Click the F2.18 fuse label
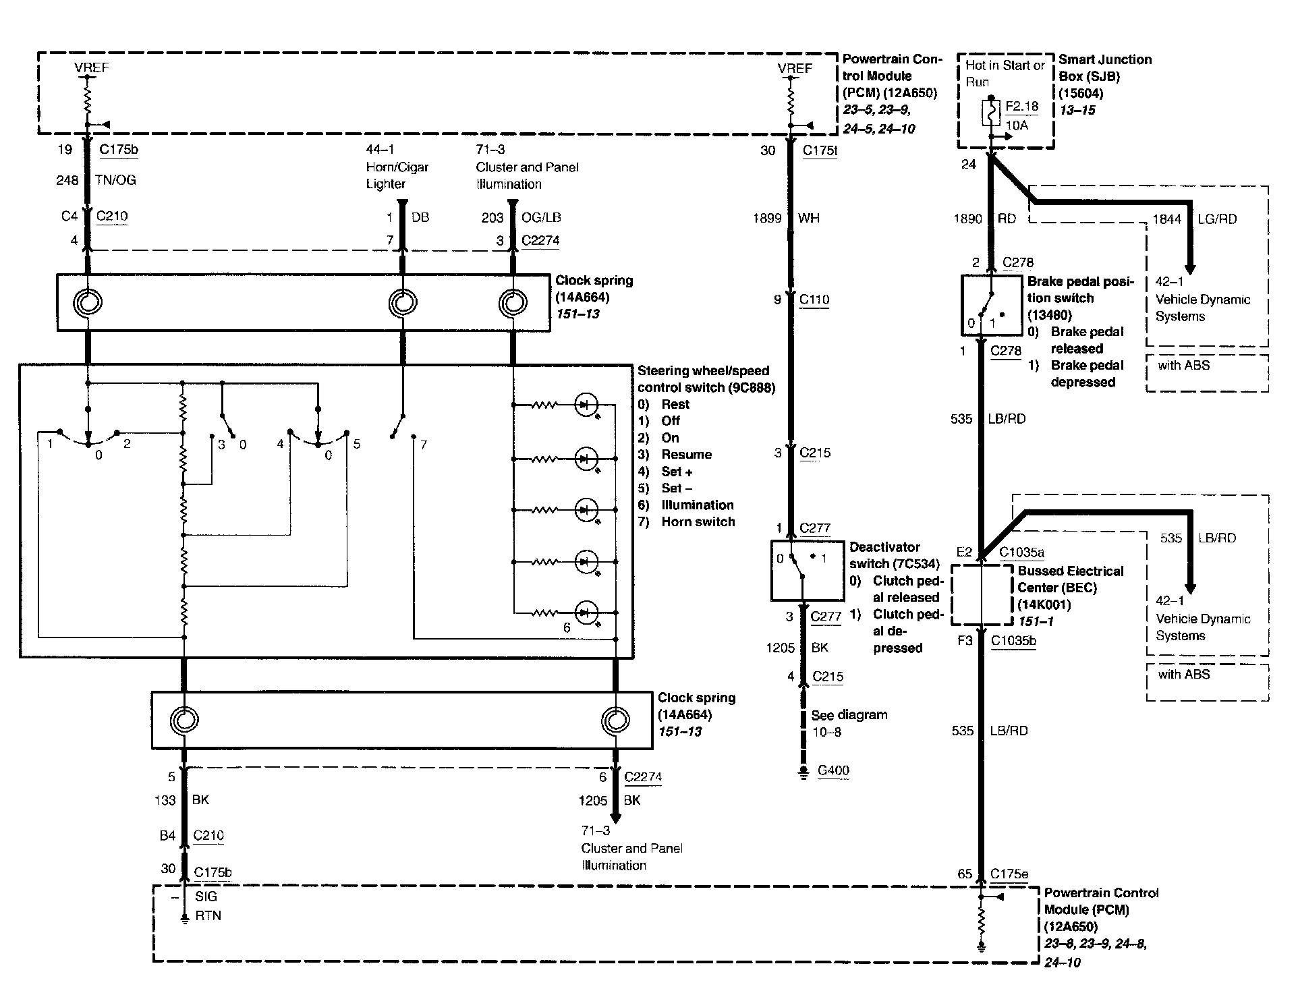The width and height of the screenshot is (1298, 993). pos(1022,107)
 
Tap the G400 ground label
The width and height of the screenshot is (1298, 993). pos(833,770)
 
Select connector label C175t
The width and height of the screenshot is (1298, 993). pos(820,150)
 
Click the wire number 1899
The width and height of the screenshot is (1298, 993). pos(767,218)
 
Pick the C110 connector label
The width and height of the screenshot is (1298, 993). pos(814,300)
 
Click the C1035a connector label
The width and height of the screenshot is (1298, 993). pos(1021,552)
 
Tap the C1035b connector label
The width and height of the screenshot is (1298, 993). pos(1013,640)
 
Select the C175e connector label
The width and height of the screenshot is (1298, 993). pos(1009,874)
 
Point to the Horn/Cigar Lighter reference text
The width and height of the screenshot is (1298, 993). pos(397,175)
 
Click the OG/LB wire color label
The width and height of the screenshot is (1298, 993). pos(541,217)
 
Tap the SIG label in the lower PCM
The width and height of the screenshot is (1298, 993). pos(206,897)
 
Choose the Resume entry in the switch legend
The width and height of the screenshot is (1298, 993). pos(686,455)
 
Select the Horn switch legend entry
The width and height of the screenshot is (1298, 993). pos(698,521)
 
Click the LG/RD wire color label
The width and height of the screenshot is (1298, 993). pos(1217,219)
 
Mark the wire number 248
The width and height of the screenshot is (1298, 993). pos(67,180)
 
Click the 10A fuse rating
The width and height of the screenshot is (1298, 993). pos(1017,125)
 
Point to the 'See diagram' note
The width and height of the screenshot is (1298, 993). pos(849,715)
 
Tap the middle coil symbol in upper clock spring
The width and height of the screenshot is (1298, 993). pos(403,303)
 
